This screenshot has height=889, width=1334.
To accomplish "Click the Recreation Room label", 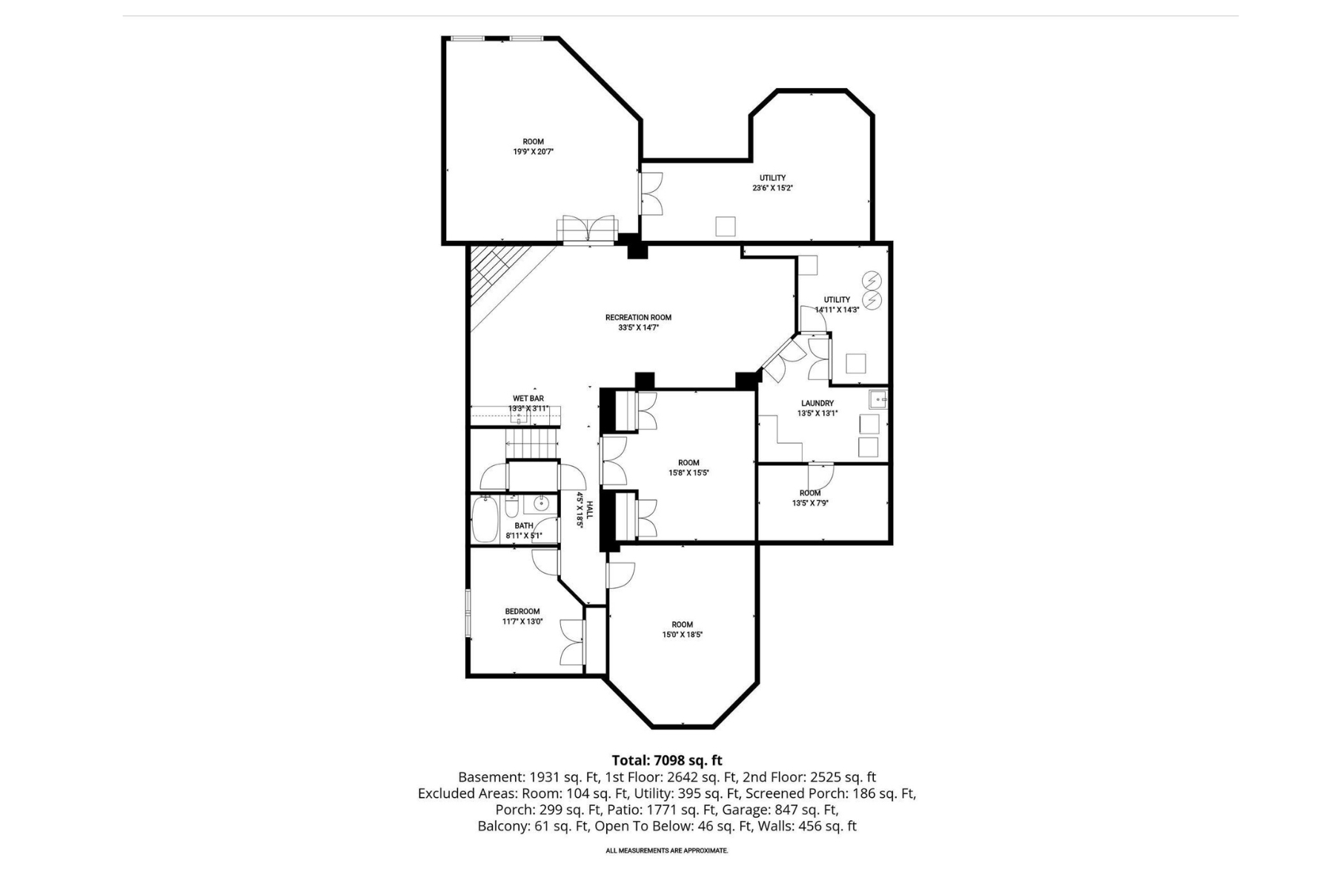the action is click(638, 317).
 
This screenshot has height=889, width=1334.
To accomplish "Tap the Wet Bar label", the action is click(528, 399).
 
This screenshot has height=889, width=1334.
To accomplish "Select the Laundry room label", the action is click(817, 404).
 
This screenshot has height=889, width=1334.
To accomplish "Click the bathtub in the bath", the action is click(485, 519).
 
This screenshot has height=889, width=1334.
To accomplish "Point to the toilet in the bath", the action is click(512, 508).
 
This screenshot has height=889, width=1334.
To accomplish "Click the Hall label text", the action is click(590, 510).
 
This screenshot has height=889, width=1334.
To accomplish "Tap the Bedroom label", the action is click(522, 612).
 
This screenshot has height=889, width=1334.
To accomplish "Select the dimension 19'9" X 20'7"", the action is click(534, 152).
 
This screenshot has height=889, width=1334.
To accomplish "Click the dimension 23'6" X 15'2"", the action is click(772, 188).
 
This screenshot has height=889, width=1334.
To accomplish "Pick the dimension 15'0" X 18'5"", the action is click(683, 635).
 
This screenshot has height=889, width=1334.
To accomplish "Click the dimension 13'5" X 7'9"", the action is click(810, 503).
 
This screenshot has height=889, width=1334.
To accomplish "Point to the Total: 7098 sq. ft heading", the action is click(667, 760).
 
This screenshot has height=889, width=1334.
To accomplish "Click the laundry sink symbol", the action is click(878, 400).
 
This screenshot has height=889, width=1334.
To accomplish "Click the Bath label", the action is click(524, 526).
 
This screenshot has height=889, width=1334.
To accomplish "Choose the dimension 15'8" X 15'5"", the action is click(688, 473).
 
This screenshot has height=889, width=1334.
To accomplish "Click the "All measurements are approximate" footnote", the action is click(667, 850).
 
